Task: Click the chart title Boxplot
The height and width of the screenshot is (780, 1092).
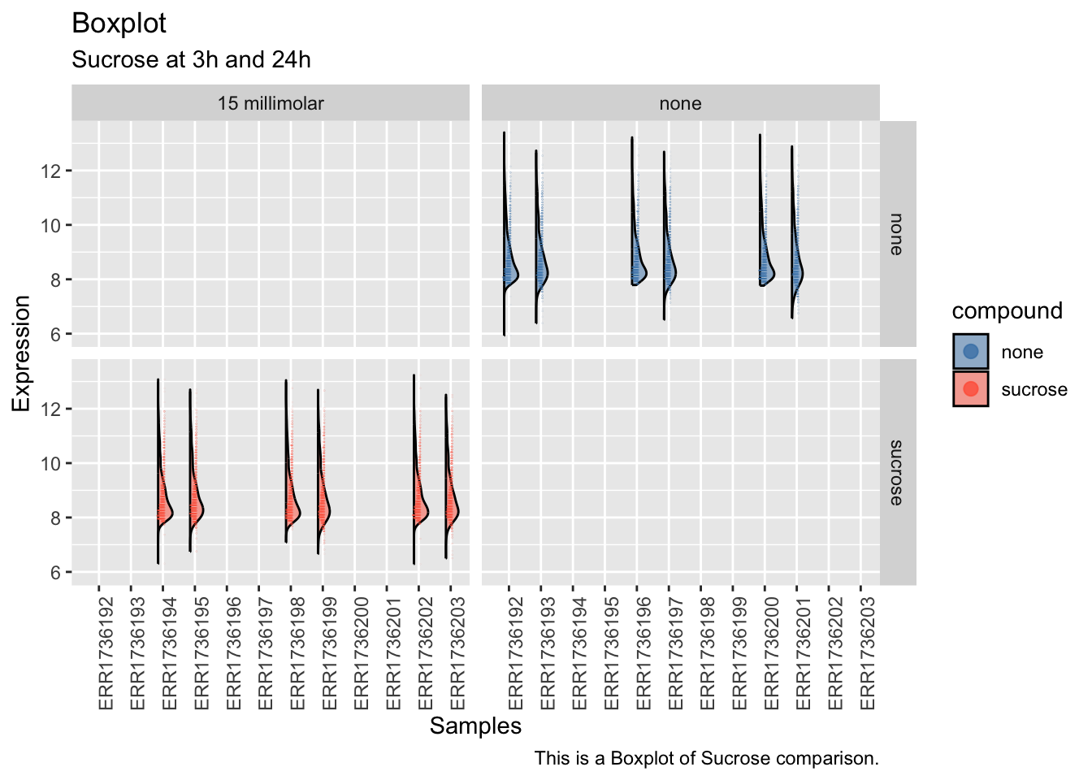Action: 119,24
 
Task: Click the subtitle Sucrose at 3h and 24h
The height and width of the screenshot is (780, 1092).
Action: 191,60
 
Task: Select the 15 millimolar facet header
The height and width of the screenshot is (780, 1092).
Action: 270,104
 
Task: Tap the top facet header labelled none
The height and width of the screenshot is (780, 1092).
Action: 680,104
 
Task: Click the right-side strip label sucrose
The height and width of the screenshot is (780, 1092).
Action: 896,472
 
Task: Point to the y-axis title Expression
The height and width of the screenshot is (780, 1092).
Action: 21,353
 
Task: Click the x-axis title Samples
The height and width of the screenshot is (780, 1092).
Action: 475,726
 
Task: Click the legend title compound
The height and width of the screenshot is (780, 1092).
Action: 1007,311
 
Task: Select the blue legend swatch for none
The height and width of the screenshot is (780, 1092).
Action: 971,352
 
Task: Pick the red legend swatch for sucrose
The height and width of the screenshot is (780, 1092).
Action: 971,389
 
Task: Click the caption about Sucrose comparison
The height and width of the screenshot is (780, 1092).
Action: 706,759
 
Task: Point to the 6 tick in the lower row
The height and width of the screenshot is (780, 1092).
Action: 56,573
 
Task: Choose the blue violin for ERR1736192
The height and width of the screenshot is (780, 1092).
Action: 510,268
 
